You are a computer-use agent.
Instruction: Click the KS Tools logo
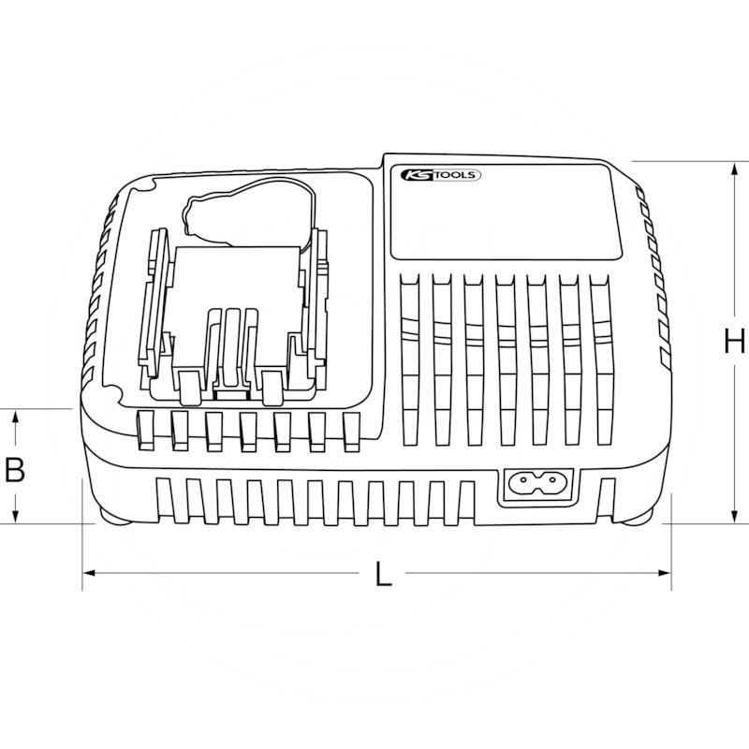click(440, 175)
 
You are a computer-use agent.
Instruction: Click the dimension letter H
click(735, 342)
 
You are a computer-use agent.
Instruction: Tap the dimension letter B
click(14, 469)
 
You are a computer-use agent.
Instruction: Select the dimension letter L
click(383, 574)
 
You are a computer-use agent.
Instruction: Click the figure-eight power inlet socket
click(539, 485)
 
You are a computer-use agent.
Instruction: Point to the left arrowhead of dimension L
click(89, 573)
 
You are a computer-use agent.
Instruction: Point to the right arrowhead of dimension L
click(665, 573)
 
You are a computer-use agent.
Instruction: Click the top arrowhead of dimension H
click(734, 169)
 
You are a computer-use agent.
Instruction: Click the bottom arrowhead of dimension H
click(734, 517)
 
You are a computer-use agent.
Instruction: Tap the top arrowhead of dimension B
click(15, 417)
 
